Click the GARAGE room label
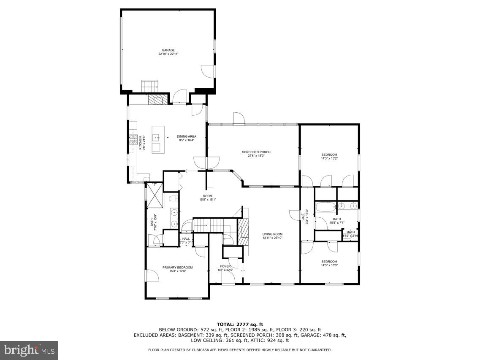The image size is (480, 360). point(168,50)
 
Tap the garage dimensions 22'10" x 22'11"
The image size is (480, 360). point(168,54)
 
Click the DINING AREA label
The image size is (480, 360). point(186,136)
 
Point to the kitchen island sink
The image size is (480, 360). point(156,137)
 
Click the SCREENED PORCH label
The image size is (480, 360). point(256,152)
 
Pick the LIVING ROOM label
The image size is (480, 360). point(272,234)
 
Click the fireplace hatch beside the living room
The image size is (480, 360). point(243,232)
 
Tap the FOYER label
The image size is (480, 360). point(225,266)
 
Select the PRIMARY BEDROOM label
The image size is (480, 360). point(178,267)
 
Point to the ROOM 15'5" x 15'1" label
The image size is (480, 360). point(207,198)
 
